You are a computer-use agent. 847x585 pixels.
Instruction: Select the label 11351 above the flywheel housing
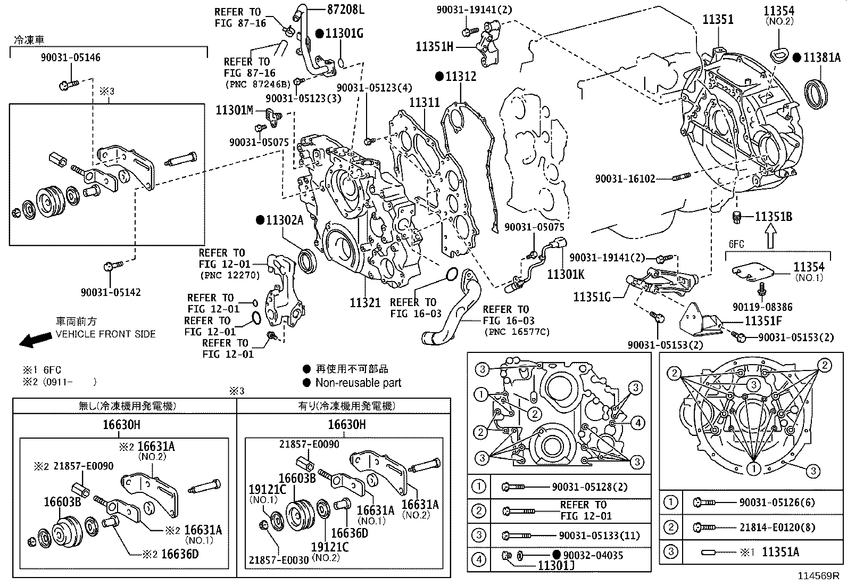[718, 20]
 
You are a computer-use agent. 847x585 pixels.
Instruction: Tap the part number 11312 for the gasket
[461, 76]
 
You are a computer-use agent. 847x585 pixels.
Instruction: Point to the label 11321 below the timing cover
[365, 302]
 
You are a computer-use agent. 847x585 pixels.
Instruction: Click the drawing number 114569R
[818, 576]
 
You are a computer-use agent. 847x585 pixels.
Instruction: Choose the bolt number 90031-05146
[70, 57]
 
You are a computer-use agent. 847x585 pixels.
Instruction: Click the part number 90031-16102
[625, 179]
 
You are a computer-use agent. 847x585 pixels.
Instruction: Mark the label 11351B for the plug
[774, 217]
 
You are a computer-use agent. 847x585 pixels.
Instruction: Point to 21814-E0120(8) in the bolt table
[776, 528]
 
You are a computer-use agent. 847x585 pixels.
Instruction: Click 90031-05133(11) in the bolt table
[599, 535]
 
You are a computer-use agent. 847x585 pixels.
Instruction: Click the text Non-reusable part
[358, 383]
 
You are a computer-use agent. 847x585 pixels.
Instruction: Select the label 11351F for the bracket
[763, 321]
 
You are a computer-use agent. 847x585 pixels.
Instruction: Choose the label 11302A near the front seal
[285, 219]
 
